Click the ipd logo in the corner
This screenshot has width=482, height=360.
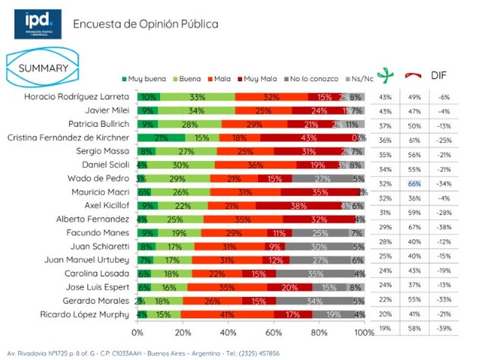pos(37,24)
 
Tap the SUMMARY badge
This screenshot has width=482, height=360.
pos(43,68)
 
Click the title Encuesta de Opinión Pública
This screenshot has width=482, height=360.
pos(145,24)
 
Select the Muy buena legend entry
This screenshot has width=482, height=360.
pos(140,79)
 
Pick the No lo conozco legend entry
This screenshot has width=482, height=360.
pos(311,79)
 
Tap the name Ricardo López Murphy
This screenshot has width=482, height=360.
pos(89,314)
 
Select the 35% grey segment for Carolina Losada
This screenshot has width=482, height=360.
pos(315,274)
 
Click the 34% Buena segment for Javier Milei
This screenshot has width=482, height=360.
pos(196,110)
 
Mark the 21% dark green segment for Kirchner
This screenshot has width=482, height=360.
pos(161,138)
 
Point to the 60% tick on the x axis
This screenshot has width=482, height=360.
pos(274,333)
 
